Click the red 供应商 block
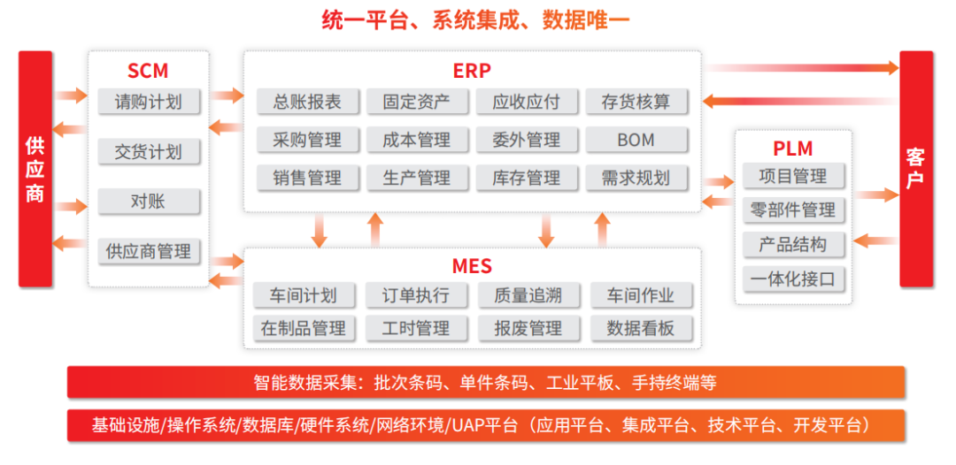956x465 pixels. tap(35, 169)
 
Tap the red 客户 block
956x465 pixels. tap(916, 169)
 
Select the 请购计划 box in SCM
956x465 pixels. tap(149, 101)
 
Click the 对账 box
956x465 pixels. tap(149, 202)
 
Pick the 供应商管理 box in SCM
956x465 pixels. tap(149, 251)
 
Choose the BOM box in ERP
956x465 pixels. tap(636, 140)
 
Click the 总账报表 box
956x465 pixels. tap(307, 102)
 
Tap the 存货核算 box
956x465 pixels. tap(636, 102)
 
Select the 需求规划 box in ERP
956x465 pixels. tap(636, 178)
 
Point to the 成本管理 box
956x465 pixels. tap(417, 140)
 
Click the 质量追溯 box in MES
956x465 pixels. tap(528, 295)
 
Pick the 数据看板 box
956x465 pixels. tap(641, 328)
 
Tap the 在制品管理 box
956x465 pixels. tap(304, 328)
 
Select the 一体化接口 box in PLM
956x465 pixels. tap(793, 279)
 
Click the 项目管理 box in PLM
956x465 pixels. tap(793, 176)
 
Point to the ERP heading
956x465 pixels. tap(472, 71)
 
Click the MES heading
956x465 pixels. tap(472, 266)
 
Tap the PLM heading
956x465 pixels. tap(793, 149)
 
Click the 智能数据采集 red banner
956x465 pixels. tap(485, 383)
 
